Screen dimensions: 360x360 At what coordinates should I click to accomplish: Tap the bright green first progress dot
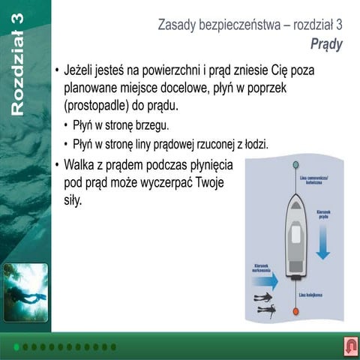pos(16,347)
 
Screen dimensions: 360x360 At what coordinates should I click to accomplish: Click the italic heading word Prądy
pos(326,44)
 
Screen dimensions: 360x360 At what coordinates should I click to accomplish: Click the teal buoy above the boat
pos(295,164)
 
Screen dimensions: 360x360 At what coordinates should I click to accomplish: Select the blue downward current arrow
pos(322,240)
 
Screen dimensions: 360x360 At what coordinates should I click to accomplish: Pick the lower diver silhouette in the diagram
pos(265,308)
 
